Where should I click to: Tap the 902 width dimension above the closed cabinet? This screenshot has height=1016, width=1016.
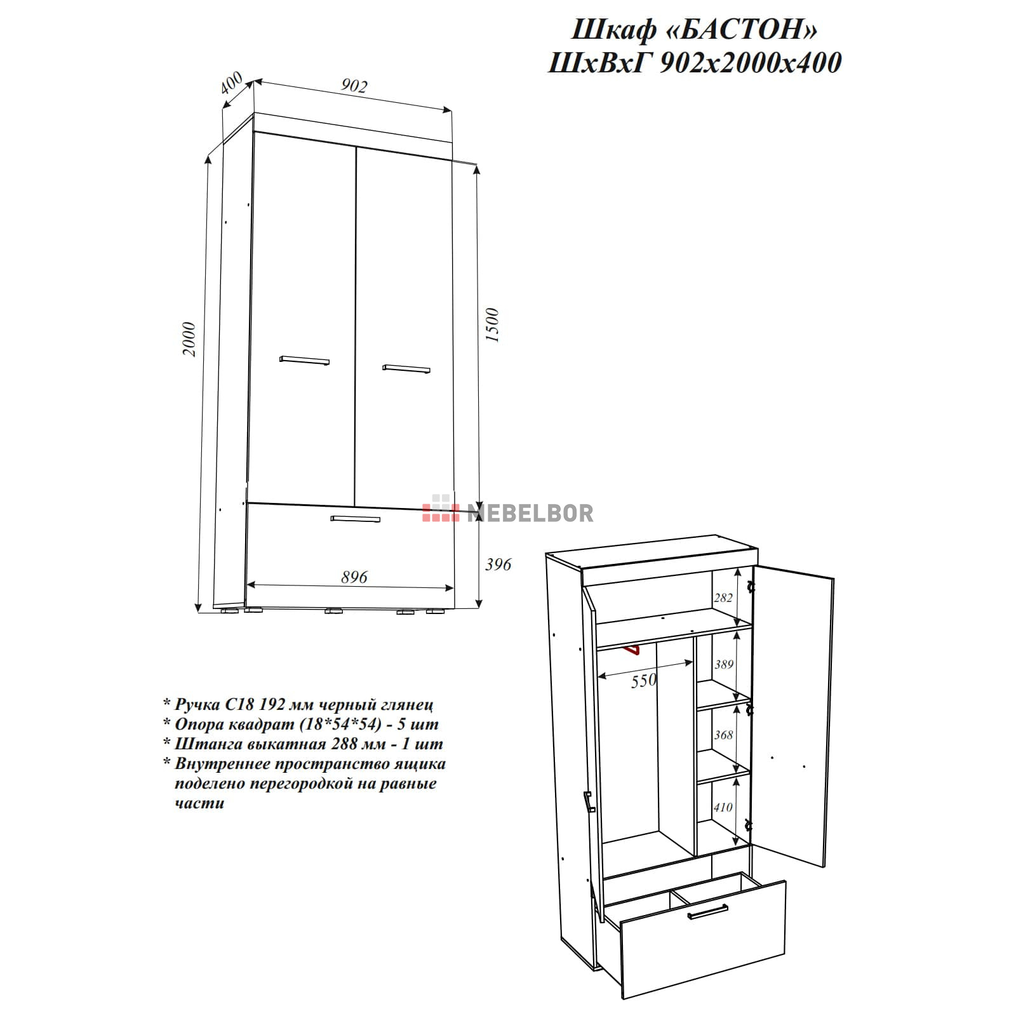(x=353, y=85)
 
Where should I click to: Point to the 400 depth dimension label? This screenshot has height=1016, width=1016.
(x=232, y=83)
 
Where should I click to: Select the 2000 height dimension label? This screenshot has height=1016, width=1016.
(x=189, y=339)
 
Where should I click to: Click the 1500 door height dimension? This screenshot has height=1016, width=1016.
(x=492, y=325)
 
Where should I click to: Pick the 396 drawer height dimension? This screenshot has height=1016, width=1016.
(x=497, y=564)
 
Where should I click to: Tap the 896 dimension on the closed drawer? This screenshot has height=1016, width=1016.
(x=354, y=577)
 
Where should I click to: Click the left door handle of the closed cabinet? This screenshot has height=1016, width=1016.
(x=304, y=360)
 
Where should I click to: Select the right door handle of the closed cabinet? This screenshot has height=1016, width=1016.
(x=406, y=368)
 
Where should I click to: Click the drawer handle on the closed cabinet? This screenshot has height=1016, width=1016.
(x=356, y=519)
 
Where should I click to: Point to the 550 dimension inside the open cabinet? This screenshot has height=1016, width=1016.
(x=643, y=681)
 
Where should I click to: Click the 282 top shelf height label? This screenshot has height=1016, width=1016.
(x=723, y=598)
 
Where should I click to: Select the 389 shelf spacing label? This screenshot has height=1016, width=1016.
(x=724, y=664)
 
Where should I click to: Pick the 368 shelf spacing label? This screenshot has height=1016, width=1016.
(x=723, y=735)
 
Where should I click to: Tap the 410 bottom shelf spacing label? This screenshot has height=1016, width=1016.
(x=723, y=807)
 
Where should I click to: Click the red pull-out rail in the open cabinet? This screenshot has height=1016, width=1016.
(x=632, y=650)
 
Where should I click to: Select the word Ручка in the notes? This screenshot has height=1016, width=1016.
(x=197, y=704)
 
